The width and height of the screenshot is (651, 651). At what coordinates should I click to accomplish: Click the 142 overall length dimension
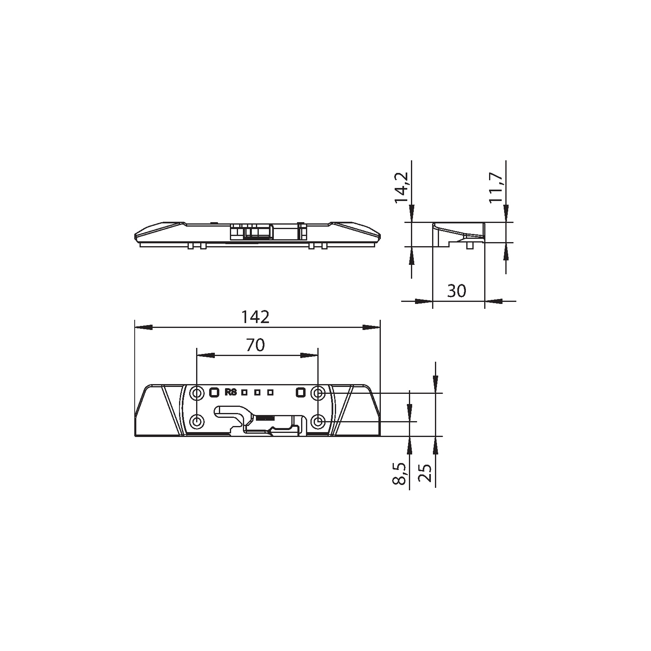coord(256,317)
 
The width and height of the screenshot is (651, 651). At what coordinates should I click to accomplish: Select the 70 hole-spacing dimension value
coord(256,345)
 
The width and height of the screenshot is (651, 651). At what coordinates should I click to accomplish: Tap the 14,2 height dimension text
coord(401,187)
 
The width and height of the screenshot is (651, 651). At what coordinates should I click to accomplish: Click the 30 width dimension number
coord(457,291)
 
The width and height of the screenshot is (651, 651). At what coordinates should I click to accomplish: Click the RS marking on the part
coord(231,393)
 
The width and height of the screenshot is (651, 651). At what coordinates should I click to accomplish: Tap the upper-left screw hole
coord(197,393)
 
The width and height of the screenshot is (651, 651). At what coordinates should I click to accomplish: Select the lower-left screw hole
coord(197,422)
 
